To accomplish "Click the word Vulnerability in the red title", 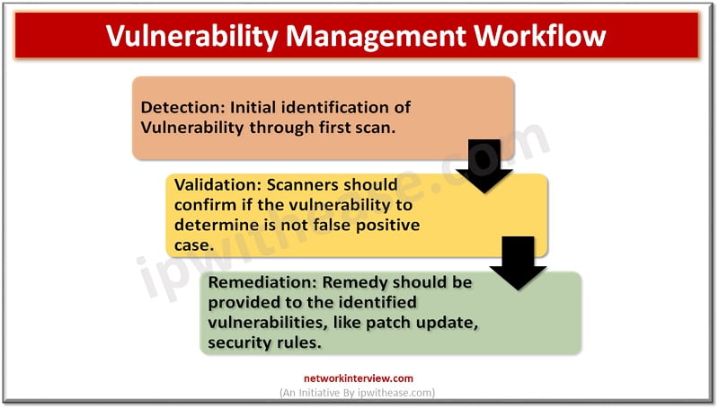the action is [191, 36].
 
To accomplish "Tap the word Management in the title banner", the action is [376, 36].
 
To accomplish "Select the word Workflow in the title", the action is [540, 35].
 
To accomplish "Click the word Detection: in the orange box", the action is [182, 107].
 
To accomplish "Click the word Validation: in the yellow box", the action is [217, 184].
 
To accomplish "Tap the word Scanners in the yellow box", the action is [302, 184].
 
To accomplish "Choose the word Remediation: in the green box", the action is [262, 282].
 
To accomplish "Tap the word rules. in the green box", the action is [301, 342].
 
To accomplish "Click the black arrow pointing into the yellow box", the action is [484, 166].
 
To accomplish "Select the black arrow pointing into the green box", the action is [518, 263].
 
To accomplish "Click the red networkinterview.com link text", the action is [358, 378].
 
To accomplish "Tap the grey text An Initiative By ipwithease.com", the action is [357, 393].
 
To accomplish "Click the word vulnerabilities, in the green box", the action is [267, 323].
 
